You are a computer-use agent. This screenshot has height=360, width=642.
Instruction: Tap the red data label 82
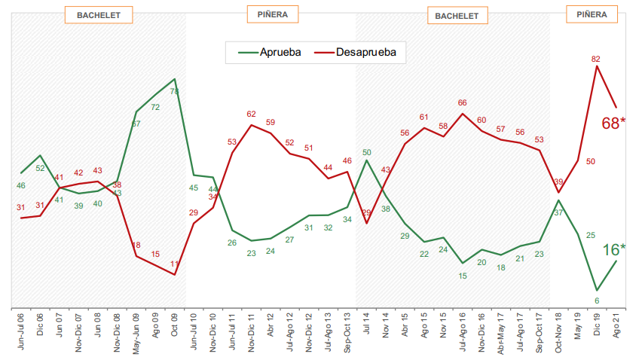pyautogui.click(x=595, y=59)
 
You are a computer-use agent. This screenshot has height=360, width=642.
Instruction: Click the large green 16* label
pyautogui.click(x=614, y=250)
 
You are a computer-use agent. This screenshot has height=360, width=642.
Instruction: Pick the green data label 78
pyautogui.click(x=174, y=91)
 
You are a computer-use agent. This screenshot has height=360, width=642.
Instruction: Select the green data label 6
pyautogui.click(x=597, y=301)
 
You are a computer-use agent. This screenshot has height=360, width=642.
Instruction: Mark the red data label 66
pyautogui.click(x=463, y=103)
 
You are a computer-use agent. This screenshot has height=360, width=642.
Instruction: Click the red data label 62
pyautogui.click(x=252, y=114)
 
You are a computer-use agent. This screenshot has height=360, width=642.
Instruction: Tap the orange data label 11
pyautogui.click(x=175, y=264)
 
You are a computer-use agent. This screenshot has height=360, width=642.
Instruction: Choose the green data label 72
pyautogui.click(x=155, y=107)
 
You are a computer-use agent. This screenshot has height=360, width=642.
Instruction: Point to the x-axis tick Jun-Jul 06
pyautogui.click(x=21, y=332)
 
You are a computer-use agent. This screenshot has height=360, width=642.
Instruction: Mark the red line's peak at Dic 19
pyautogui.click(x=597, y=66)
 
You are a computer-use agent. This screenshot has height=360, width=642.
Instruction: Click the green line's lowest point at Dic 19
pyautogui.click(x=597, y=290)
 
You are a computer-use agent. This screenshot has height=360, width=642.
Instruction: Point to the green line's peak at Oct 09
pyautogui.click(x=175, y=78)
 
